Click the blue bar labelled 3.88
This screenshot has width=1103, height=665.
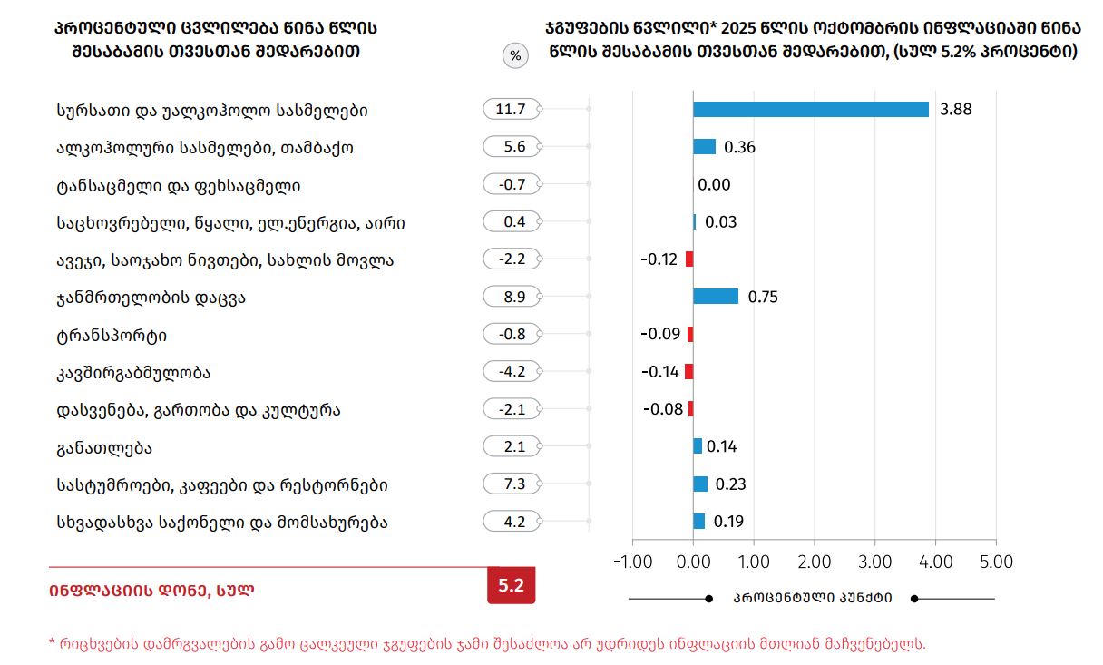811,110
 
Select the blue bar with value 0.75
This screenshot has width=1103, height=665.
716,297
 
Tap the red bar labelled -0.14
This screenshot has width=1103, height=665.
689,371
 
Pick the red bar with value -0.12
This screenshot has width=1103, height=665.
689,259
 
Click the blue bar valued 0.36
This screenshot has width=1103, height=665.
705,147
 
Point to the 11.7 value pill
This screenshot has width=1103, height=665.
512,110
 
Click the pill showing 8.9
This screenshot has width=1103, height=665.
512,297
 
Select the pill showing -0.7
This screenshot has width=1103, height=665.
512,185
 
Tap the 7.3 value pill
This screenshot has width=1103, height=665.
512,484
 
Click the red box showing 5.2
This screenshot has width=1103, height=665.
512,585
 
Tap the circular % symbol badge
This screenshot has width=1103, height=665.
515,56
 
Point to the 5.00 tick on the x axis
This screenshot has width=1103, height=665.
996,562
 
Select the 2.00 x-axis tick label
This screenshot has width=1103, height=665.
815,562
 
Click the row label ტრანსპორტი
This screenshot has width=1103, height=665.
111,335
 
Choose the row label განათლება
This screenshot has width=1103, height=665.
103,447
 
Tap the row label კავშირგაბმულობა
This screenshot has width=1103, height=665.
132,372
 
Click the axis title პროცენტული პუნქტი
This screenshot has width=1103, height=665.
812,598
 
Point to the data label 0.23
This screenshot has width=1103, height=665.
730,484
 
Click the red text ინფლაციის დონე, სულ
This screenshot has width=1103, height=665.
151,590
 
